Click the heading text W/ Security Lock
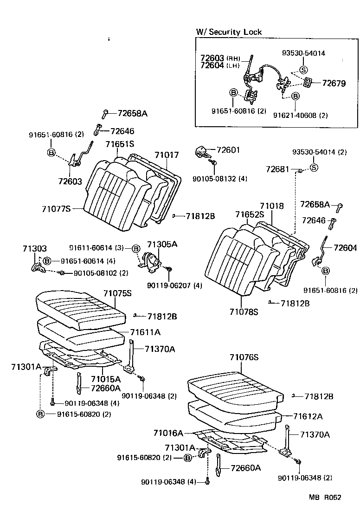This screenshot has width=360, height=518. point(229,32)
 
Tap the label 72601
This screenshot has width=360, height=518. point(229,150)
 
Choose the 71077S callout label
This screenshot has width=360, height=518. point(55,209)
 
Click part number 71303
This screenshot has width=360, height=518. point(34,249)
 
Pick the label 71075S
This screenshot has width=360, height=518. point(117,293)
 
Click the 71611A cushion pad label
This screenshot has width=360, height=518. point(146,332)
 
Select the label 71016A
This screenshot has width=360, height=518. point(168,433)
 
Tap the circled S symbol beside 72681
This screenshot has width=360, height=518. point(314,168)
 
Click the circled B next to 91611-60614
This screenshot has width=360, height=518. point(136,249)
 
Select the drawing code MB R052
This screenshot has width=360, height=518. point(325,498)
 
